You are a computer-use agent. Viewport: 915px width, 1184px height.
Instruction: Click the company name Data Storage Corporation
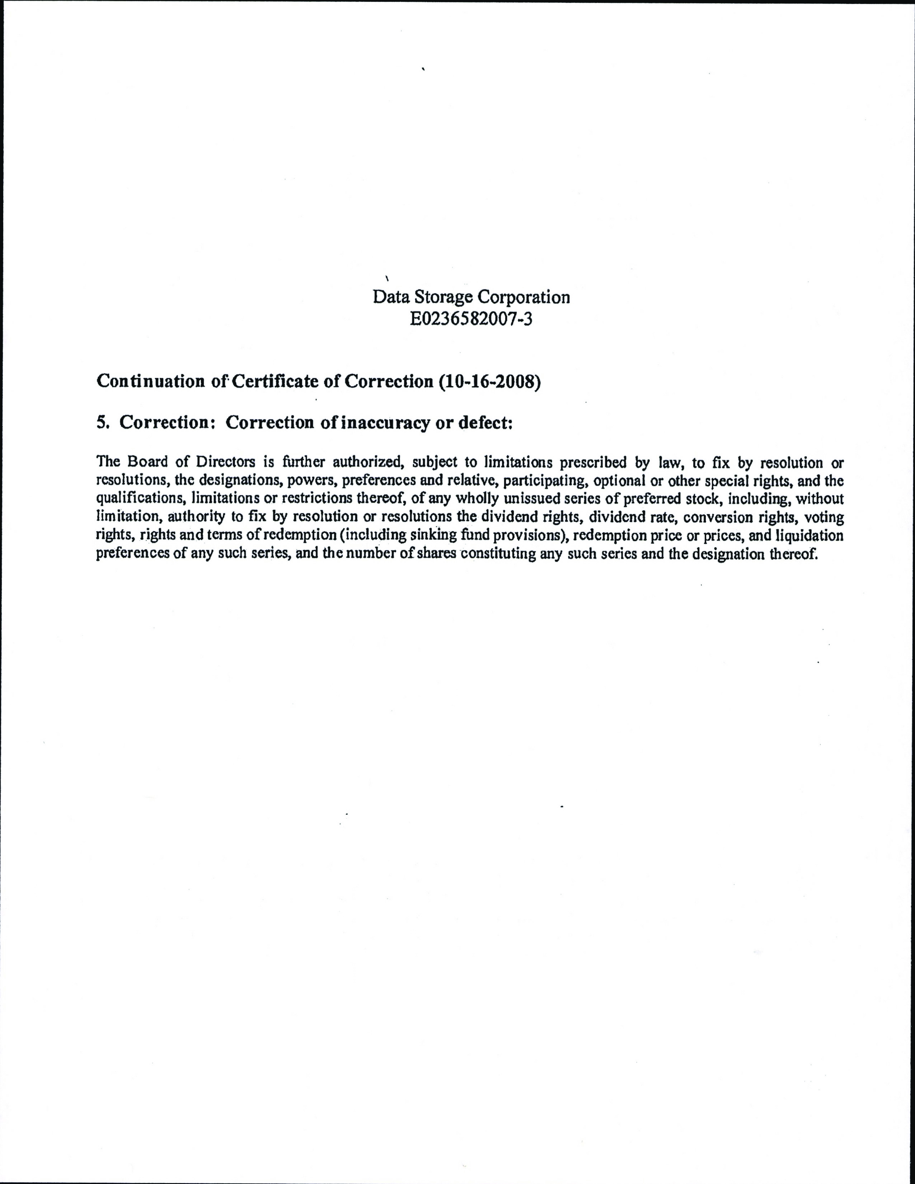471,297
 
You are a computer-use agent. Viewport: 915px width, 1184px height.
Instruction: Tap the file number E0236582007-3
471,320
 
